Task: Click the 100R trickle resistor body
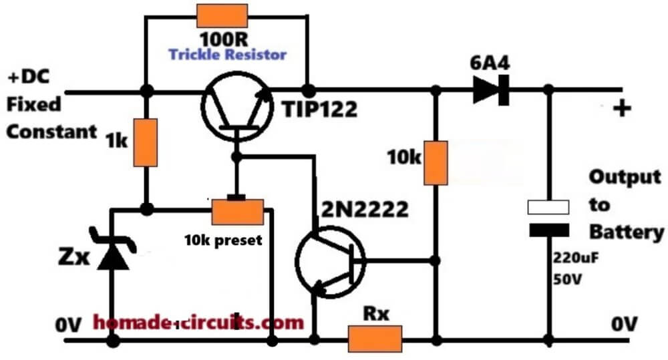click(x=222, y=16)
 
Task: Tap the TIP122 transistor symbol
click(x=237, y=107)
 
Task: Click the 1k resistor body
click(x=145, y=142)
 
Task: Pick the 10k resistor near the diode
click(x=436, y=163)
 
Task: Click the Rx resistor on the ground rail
click(x=375, y=339)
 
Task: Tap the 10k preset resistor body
click(x=237, y=212)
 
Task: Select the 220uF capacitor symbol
click(x=548, y=218)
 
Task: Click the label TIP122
click(x=320, y=109)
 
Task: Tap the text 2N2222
click(x=365, y=209)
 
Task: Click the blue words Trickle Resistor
click(x=228, y=55)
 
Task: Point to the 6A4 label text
click(x=490, y=63)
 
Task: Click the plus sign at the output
click(x=622, y=108)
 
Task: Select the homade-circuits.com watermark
click(x=198, y=322)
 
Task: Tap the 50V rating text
click(x=567, y=279)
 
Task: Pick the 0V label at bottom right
click(x=625, y=325)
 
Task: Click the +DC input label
click(x=29, y=77)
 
